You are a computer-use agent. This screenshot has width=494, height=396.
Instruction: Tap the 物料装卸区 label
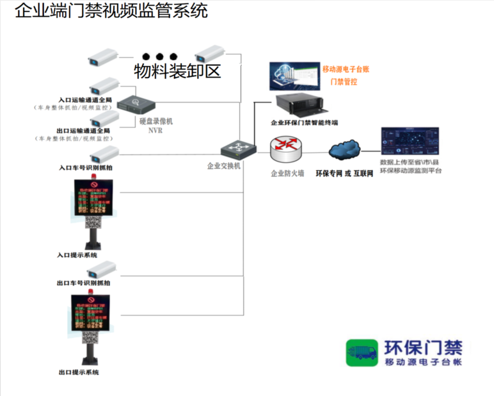[177, 70]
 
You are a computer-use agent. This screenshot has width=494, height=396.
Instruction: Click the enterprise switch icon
[239, 149]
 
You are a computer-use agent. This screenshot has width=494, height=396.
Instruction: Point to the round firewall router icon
[285, 150]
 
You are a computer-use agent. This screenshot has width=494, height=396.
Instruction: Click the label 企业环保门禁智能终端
[305, 122]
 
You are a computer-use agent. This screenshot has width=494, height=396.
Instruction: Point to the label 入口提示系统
[77, 255]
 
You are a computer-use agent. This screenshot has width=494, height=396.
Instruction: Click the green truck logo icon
[363, 353]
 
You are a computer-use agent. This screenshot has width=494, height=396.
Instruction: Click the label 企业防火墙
[287, 173]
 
